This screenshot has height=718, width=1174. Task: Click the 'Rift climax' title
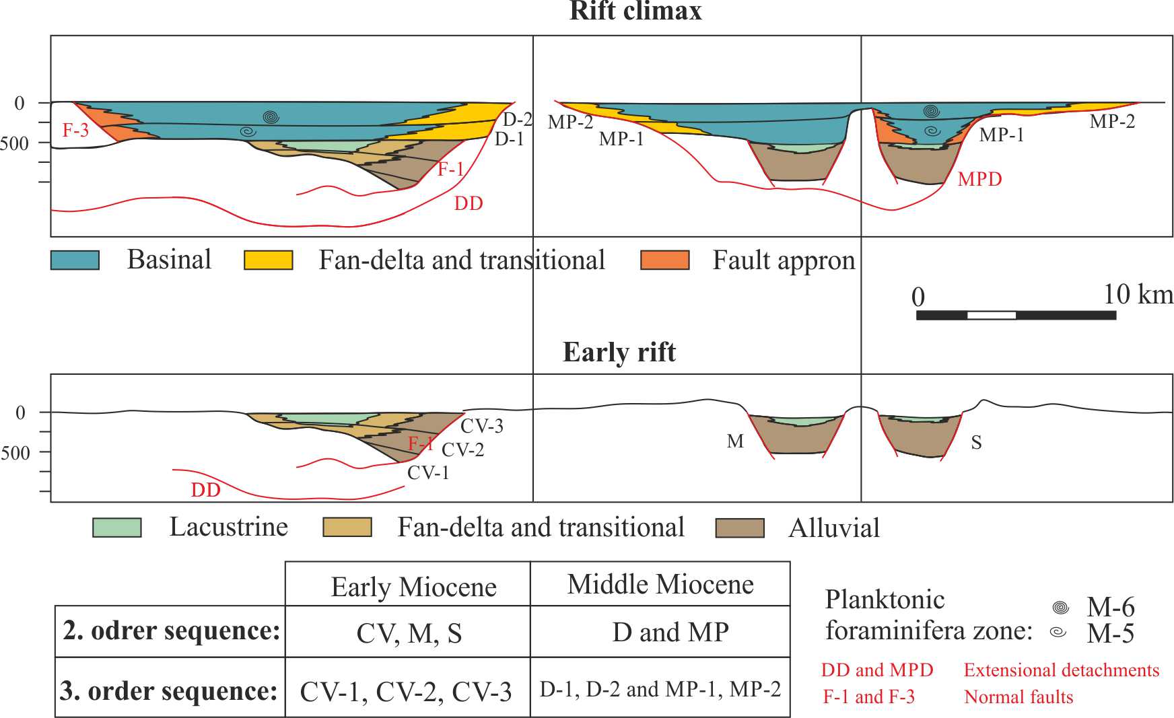(635, 11)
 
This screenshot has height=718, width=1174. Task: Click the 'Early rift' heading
(619, 353)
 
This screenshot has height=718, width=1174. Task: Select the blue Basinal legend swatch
(75, 260)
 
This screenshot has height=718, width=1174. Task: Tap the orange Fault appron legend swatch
(665, 260)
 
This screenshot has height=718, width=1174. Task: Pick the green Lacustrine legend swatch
(117, 528)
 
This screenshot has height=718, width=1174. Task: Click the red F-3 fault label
(75, 130)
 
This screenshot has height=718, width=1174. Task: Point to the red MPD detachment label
(979, 179)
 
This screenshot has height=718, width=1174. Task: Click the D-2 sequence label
(518, 120)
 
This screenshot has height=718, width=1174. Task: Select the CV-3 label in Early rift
(481, 426)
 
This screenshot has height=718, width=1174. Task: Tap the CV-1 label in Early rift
(428, 472)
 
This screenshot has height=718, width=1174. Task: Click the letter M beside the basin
(735, 441)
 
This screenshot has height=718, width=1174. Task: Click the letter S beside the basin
(976, 442)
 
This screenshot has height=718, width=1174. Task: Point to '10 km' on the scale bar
(1138, 294)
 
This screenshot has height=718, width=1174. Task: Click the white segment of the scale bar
(992, 315)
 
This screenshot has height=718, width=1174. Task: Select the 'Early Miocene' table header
(413, 587)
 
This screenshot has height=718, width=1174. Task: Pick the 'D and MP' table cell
(670, 632)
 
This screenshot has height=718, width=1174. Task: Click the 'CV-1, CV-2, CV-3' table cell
(406, 692)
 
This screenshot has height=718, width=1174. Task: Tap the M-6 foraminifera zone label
(1110, 608)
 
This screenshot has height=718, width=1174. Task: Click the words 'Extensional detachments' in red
(1061, 670)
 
